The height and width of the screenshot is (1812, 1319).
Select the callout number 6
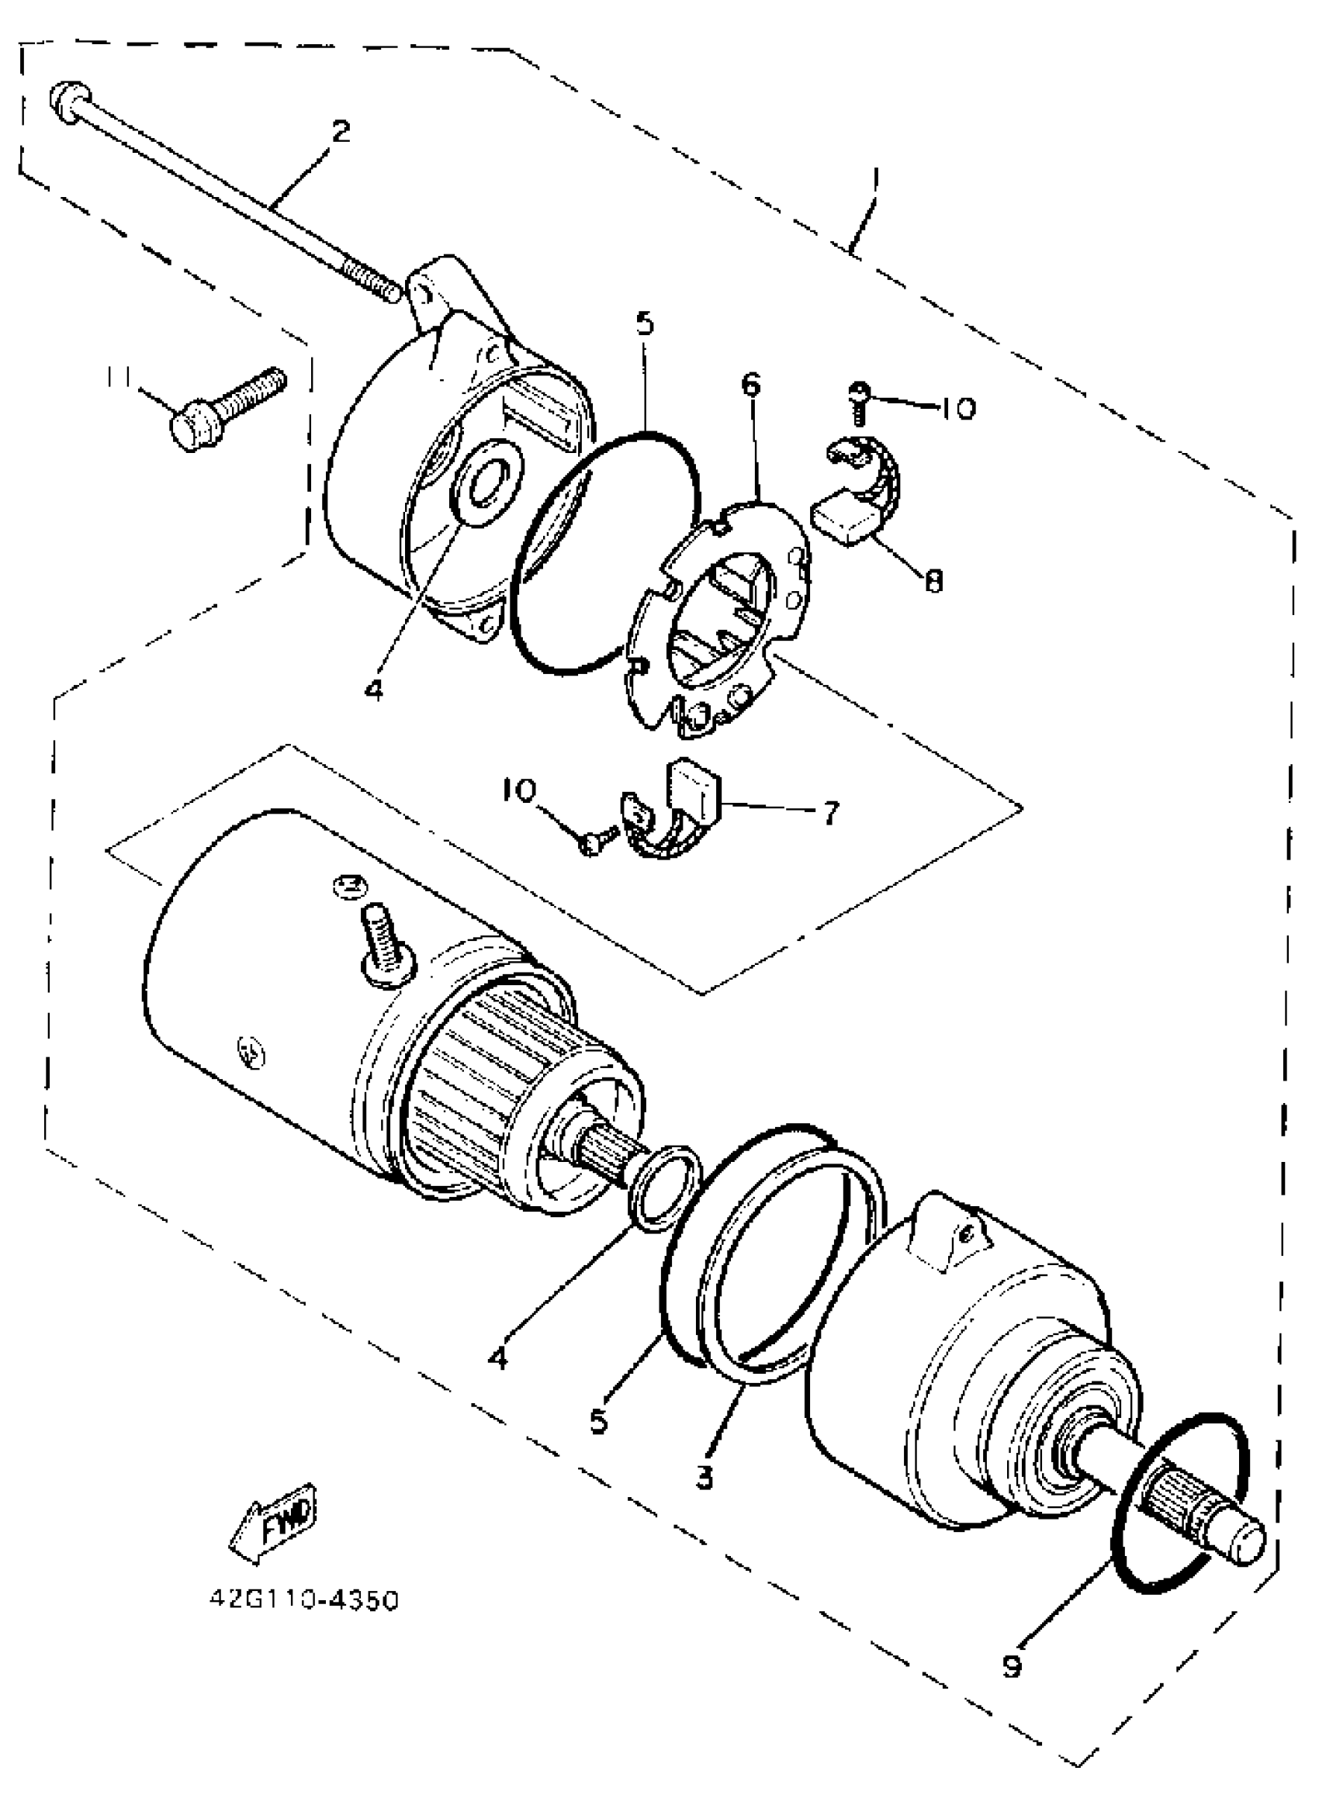(751, 386)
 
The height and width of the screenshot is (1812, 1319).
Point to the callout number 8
(933, 581)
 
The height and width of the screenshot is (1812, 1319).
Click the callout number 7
(831, 814)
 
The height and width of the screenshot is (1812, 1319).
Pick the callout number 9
(1012, 1666)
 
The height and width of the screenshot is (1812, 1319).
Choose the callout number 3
(703, 1478)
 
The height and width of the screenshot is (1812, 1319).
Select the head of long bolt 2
(64, 102)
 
